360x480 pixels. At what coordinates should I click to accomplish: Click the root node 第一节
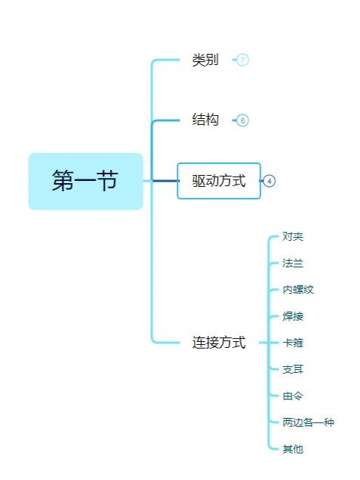pos(85,181)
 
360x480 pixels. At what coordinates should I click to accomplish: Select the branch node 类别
pos(205,61)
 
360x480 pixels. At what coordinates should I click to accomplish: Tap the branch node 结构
pos(205,120)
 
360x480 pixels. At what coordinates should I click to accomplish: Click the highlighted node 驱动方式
pos(219,181)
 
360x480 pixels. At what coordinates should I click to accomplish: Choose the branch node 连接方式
pos(219,343)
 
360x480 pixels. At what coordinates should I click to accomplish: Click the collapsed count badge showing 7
pos(242,61)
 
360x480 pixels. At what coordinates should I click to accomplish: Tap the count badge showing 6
pos(242,120)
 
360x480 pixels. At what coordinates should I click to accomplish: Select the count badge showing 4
pos(270,181)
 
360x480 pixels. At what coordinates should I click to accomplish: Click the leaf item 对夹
pos(293,236)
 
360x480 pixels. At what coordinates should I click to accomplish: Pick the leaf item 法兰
pos(293,263)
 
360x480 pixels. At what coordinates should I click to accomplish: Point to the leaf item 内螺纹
pos(298,289)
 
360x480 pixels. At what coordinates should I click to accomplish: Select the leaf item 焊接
pos(293,316)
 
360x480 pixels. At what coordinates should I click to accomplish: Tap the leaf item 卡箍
pos(293,343)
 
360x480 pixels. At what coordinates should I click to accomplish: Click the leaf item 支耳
pos(293,369)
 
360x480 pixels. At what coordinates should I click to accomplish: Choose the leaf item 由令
pos(293,396)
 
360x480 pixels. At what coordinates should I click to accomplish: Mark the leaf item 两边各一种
pos(308,422)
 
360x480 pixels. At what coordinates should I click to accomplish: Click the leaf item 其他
pos(293,449)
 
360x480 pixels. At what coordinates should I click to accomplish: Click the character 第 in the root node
pos(63,181)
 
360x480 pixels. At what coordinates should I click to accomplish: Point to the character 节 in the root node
pos(107,181)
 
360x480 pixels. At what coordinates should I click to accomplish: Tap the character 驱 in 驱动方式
pos(199,181)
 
